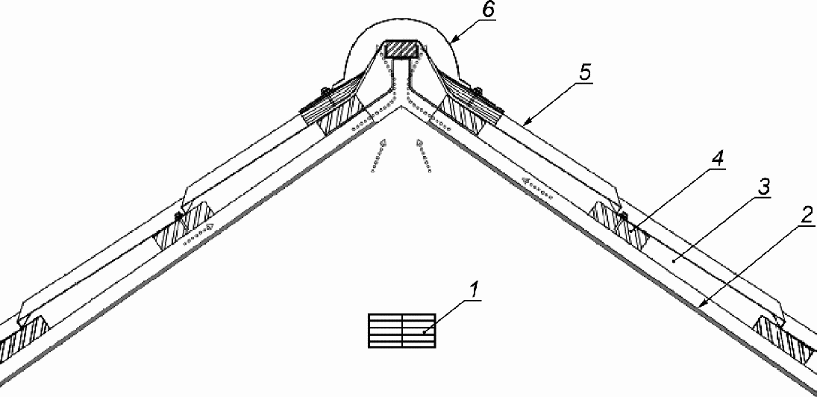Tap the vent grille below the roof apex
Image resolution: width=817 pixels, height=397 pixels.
coord(401,331)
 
